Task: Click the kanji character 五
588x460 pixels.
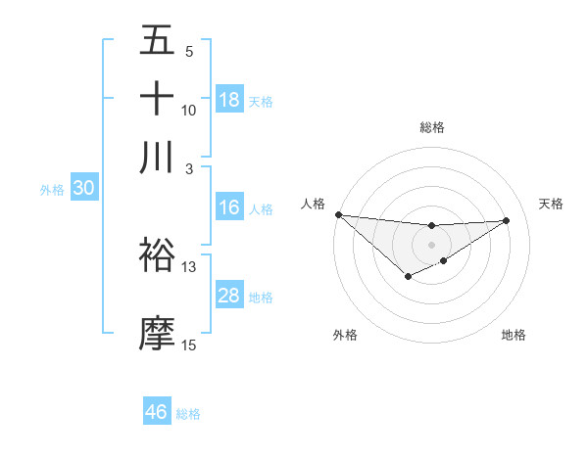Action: (158, 40)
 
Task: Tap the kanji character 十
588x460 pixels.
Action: (158, 99)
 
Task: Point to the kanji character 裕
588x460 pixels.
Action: (158, 255)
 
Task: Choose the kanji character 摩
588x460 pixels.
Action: (158, 333)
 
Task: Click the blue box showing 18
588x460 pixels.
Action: (229, 100)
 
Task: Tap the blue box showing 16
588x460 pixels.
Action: (229, 207)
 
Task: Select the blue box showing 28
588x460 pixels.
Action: (229, 296)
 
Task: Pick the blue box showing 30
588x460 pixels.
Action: (83, 189)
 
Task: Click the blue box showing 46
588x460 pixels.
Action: (157, 412)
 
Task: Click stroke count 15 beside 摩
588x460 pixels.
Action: (189, 345)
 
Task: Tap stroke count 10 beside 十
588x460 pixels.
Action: (189, 111)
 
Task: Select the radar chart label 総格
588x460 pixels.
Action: (432, 127)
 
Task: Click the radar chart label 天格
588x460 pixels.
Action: (551, 204)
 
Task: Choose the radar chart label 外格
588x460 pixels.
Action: (345, 335)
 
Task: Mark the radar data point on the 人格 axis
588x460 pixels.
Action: (338, 214)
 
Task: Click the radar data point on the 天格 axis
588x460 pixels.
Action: (507, 220)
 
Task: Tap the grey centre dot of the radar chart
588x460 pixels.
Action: (432, 245)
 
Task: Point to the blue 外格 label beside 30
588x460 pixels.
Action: (52, 190)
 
